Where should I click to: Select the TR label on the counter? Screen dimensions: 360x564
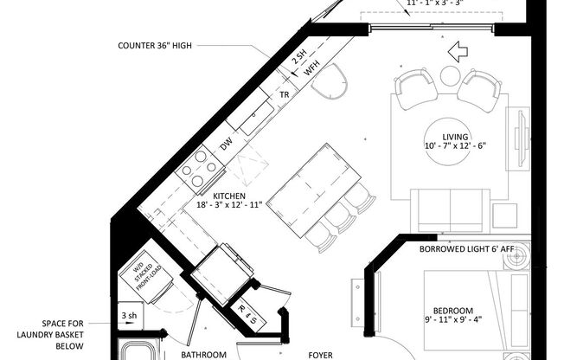click(x=283, y=94)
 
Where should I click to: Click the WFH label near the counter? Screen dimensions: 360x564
click(x=311, y=70)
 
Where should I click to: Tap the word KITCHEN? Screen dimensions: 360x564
click(x=227, y=196)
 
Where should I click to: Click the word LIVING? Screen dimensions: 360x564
click(x=455, y=137)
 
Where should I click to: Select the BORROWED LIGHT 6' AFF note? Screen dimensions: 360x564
click(x=466, y=249)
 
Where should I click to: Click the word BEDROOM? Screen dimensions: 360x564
click(x=452, y=311)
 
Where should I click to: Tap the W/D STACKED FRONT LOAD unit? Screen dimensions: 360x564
click(x=140, y=274)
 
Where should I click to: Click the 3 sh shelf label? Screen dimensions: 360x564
click(x=131, y=316)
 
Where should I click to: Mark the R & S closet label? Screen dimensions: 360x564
click(x=247, y=311)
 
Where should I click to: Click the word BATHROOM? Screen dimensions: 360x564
click(x=203, y=354)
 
